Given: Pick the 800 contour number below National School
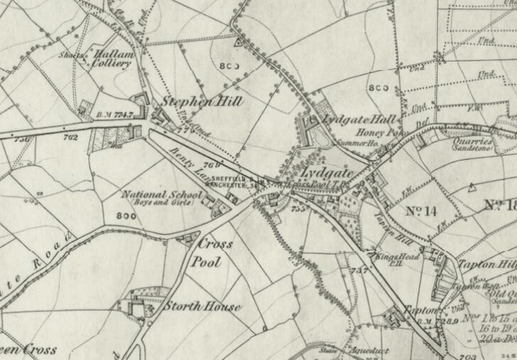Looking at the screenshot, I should click(127, 216).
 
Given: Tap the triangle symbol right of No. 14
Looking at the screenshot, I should click(472, 187).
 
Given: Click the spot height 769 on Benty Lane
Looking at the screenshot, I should click(211, 165).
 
